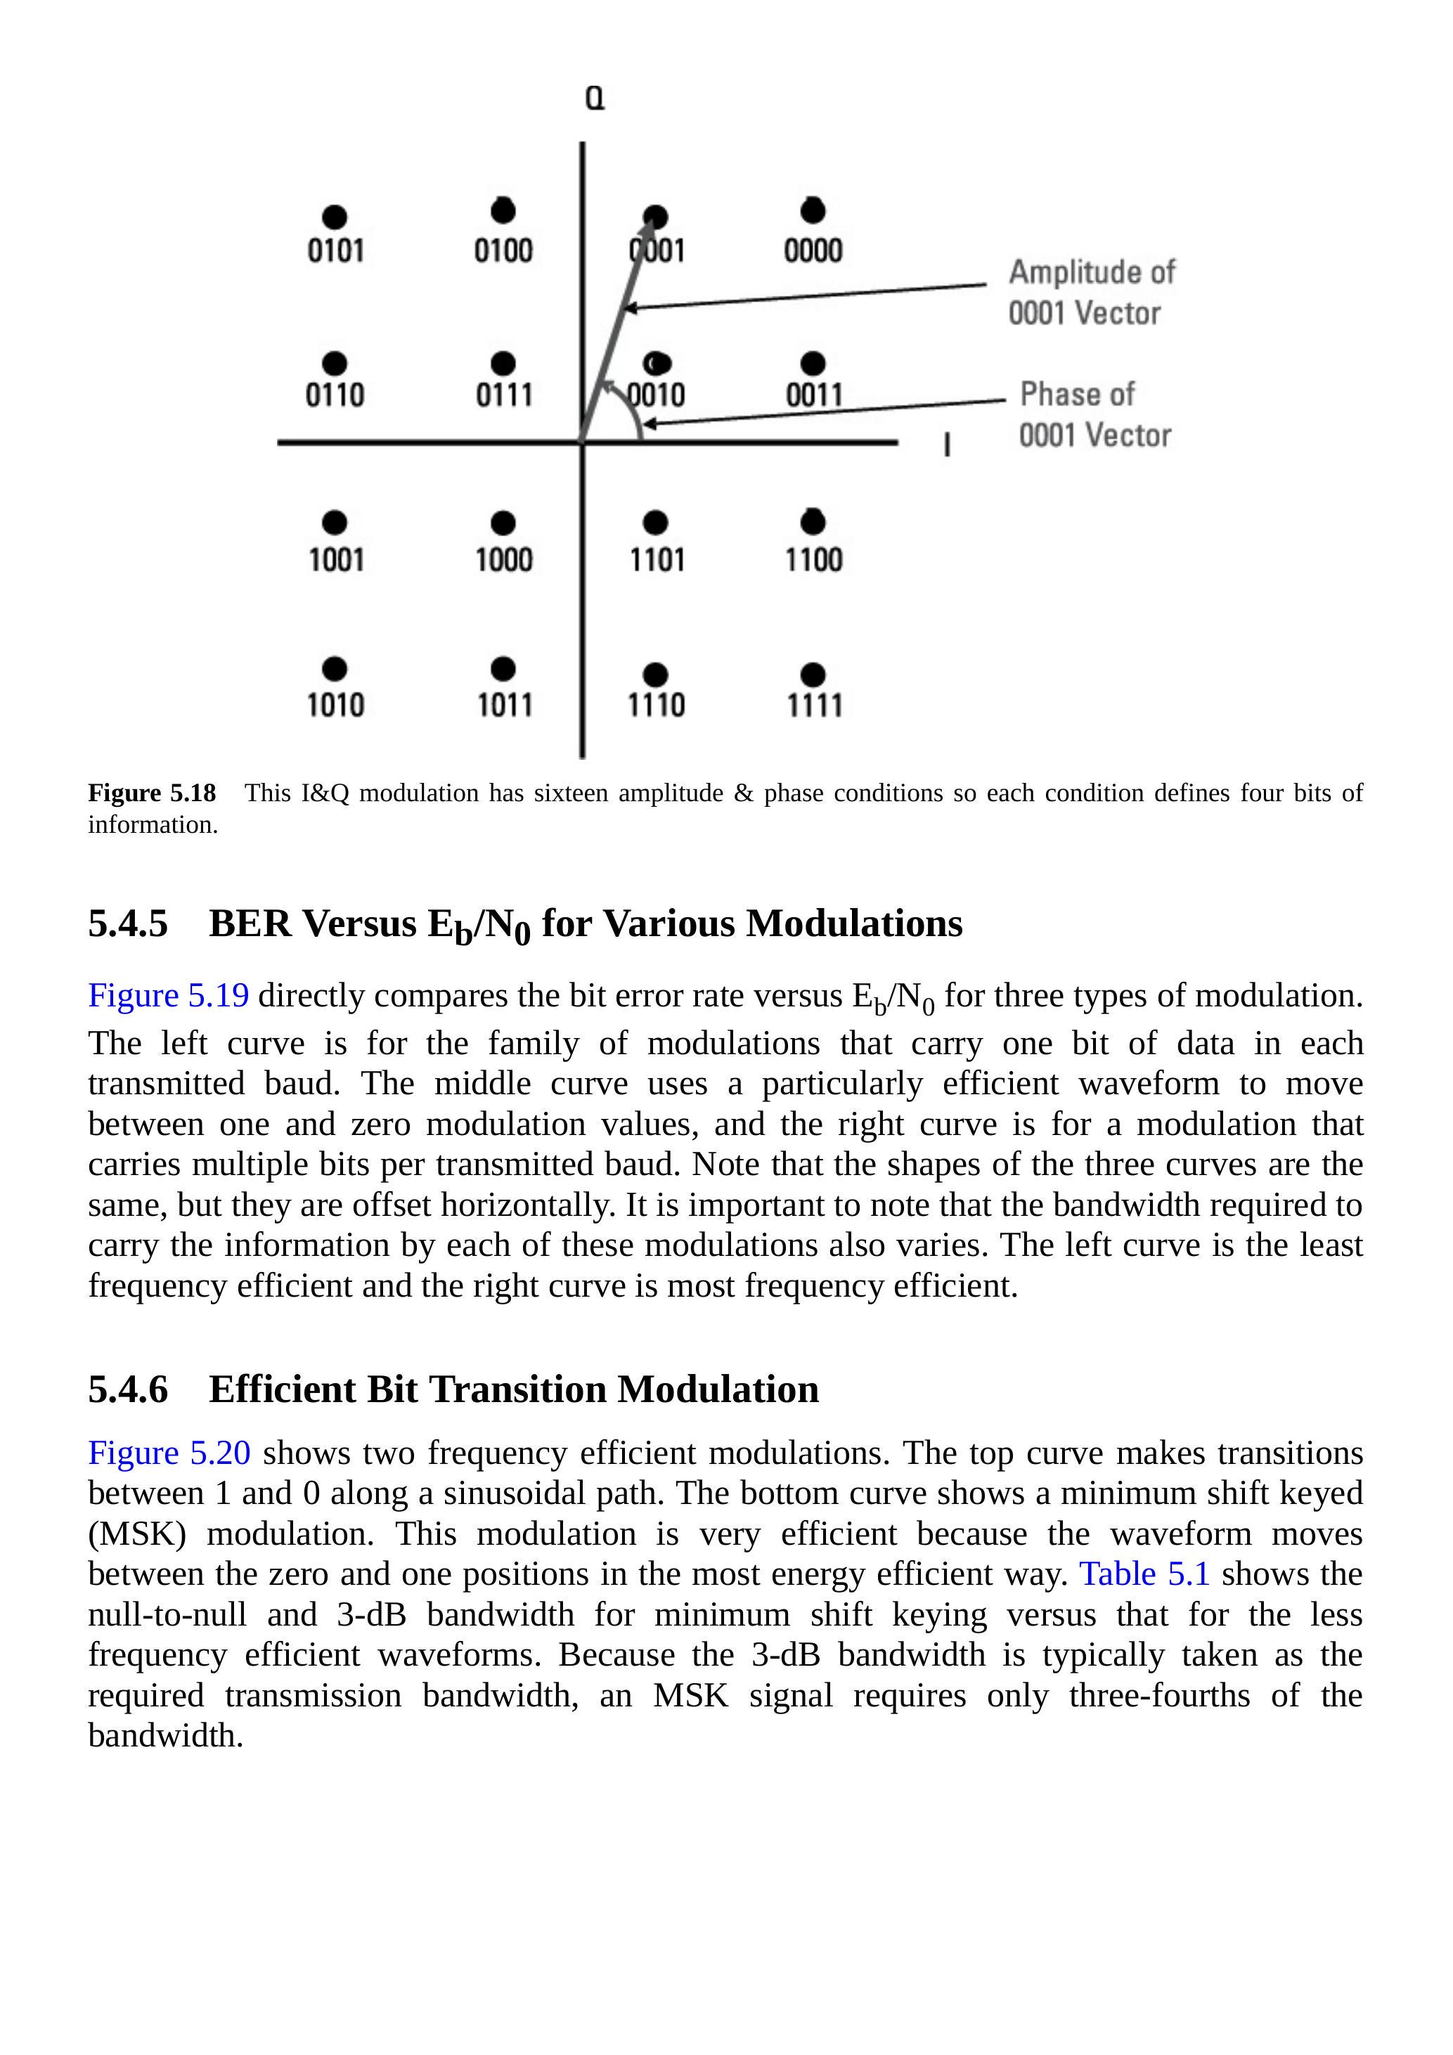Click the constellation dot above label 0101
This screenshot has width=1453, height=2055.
pos(334,216)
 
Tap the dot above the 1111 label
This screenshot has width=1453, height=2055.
pos(813,674)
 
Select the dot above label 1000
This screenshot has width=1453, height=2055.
pos(503,523)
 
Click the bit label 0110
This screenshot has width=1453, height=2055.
pos(335,395)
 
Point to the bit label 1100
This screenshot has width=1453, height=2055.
pos(814,560)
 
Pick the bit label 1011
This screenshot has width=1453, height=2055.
pos(504,706)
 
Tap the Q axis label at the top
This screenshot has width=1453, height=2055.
pos(595,98)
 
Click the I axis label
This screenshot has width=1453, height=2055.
pos(946,445)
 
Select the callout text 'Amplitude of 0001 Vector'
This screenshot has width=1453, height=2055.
pos(1090,292)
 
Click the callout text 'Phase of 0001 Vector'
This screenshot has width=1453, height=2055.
pos(1094,415)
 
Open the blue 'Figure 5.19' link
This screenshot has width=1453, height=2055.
pos(168,995)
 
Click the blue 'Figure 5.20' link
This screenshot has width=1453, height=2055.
pos(169,1453)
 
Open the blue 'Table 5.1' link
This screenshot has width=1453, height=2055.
pos(1144,1574)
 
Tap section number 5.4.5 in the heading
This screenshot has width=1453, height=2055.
pos(128,923)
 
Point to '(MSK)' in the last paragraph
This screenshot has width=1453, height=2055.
pos(137,1534)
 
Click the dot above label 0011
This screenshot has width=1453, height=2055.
pos(813,363)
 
